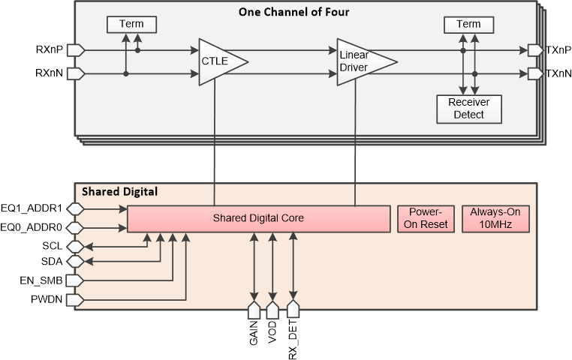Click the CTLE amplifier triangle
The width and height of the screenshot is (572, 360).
(218, 61)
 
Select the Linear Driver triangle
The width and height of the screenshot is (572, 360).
(360, 61)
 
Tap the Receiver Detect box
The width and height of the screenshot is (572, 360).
(468, 109)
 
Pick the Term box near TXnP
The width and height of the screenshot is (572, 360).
(468, 25)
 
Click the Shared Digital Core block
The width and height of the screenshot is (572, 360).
(258, 218)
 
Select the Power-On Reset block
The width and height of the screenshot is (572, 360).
(426, 218)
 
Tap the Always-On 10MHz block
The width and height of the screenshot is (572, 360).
(495, 218)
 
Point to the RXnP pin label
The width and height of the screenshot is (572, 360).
(50, 50)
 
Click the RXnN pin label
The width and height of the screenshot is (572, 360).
(50, 73)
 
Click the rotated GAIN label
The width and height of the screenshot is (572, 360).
(253, 331)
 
